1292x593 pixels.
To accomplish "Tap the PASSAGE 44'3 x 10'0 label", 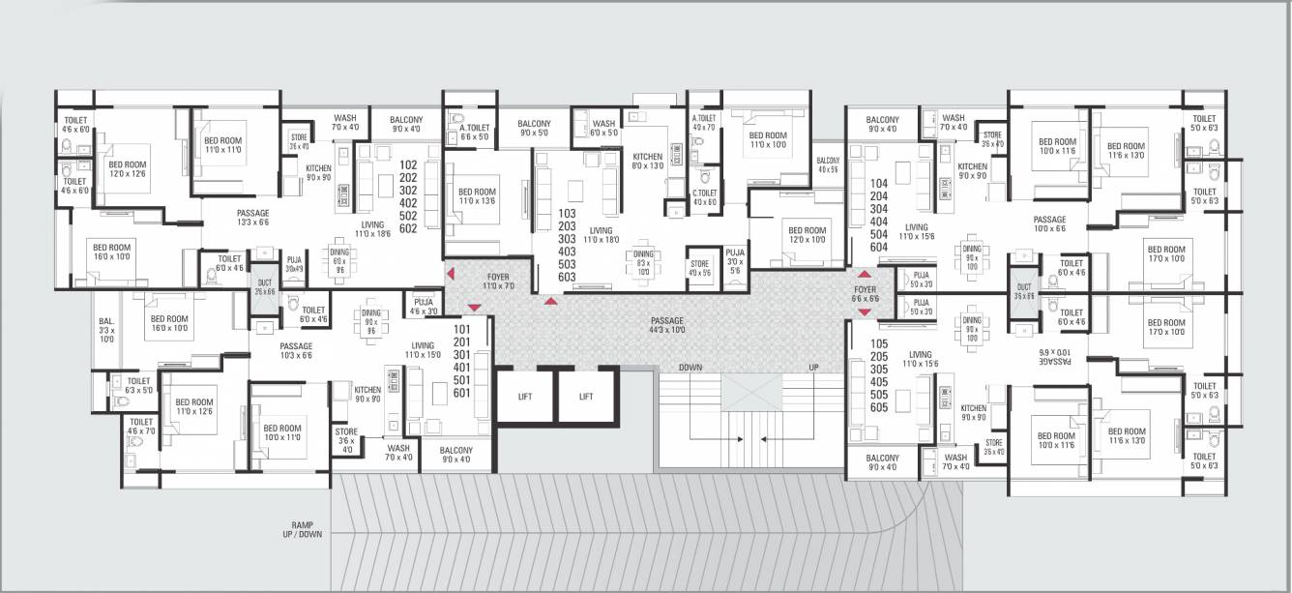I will coord(667,326).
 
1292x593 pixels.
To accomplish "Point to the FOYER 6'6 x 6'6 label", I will coord(866,293).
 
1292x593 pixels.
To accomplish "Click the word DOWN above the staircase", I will coord(690,368).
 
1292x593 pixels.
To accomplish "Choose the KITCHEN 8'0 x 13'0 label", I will coord(647,161).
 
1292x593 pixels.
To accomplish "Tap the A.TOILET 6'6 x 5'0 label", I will coord(474,133).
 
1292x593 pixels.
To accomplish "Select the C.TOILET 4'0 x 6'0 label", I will coord(703,197).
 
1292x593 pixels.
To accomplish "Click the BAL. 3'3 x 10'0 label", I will coord(106,330).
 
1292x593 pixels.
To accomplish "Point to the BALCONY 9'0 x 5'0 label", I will coord(534,128).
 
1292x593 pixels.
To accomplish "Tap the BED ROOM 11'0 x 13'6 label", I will coord(477,197).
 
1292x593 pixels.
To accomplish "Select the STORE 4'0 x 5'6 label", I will coord(699,268).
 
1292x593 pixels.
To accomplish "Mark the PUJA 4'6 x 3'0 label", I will coord(423,307).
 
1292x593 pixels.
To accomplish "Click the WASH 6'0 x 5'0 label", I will coord(603,128).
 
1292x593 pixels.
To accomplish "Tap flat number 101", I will coord(461,329).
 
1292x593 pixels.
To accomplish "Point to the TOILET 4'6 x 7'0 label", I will coord(141,427).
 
